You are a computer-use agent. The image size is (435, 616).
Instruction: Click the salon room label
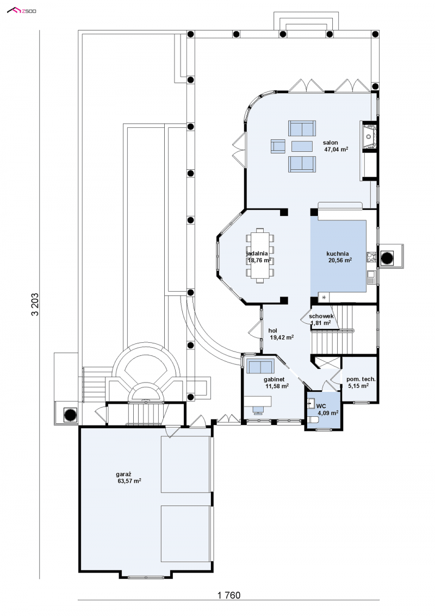click(x=330, y=143)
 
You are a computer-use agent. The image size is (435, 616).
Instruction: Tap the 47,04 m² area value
click(x=336, y=149)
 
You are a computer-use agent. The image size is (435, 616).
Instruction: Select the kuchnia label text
click(x=338, y=254)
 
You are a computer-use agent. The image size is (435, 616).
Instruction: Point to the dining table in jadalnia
click(x=260, y=255)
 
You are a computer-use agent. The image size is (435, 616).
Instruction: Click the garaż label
click(x=123, y=474)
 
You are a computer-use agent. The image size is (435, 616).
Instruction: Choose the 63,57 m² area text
click(x=129, y=481)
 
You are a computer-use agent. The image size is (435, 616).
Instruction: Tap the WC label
click(x=321, y=406)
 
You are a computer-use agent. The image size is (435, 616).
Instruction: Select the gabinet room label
click(x=274, y=379)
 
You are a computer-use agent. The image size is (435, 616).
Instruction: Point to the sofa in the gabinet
click(x=260, y=366)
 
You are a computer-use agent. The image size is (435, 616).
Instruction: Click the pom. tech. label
click(x=361, y=379)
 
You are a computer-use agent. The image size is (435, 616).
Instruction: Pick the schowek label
click(x=321, y=316)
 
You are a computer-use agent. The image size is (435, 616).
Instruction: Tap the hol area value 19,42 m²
click(x=282, y=337)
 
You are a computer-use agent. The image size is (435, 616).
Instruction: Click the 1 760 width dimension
click(x=229, y=595)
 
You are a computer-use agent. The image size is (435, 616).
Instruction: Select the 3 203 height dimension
click(x=35, y=304)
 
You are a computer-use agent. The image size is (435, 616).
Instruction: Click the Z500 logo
click(x=22, y=10)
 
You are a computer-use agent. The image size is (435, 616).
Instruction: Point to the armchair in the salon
click(x=278, y=146)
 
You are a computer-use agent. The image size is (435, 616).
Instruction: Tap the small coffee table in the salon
click(x=302, y=146)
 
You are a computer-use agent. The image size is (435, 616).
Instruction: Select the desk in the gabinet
click(x=258, y=401)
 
